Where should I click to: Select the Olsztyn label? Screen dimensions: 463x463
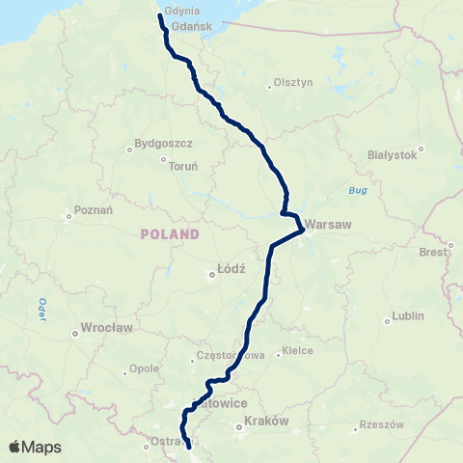(x=294, y=83)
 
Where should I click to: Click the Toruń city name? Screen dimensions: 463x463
(x=183, y=166)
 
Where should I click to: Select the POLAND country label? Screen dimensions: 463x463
(x=170, y=234)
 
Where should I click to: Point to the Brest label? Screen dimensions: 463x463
(x=433, y=252)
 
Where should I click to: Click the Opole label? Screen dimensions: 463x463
(x=144, y=369)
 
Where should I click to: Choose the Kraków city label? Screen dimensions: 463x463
(x=267, y=422)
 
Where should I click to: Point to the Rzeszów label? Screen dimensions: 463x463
(x=378, y=425)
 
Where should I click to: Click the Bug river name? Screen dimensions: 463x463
(x=359, y=191)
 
